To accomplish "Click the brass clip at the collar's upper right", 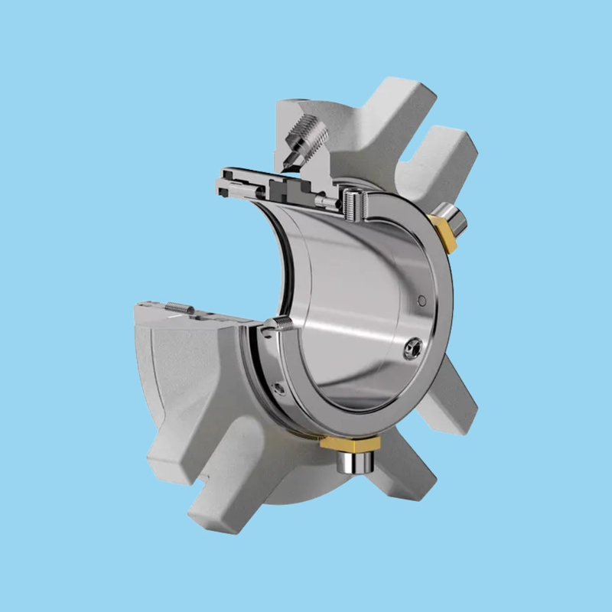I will [x=443, y=229].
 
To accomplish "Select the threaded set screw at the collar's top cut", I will [x=353, y=203].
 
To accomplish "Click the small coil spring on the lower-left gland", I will [x=176, y=308].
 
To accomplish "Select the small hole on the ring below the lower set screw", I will [x=275, y=380].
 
